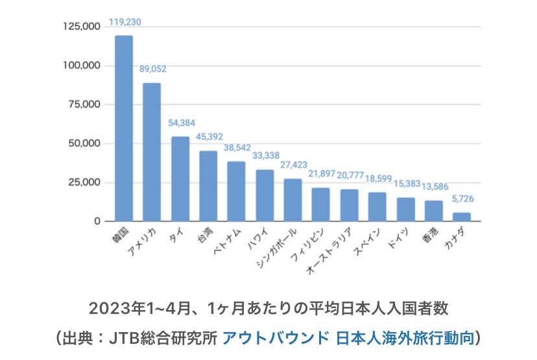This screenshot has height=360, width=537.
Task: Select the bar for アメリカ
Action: [152, 152]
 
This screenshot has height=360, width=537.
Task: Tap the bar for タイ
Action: [180, 179]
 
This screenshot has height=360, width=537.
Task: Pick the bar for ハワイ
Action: [265, 195]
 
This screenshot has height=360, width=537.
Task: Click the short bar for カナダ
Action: [462, 217]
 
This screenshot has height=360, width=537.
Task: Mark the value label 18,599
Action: [377, 179]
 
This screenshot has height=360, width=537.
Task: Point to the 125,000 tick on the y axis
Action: [82, 27]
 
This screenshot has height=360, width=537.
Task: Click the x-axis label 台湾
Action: [203, 235]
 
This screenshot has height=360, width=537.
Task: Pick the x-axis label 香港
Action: [429, 235]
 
